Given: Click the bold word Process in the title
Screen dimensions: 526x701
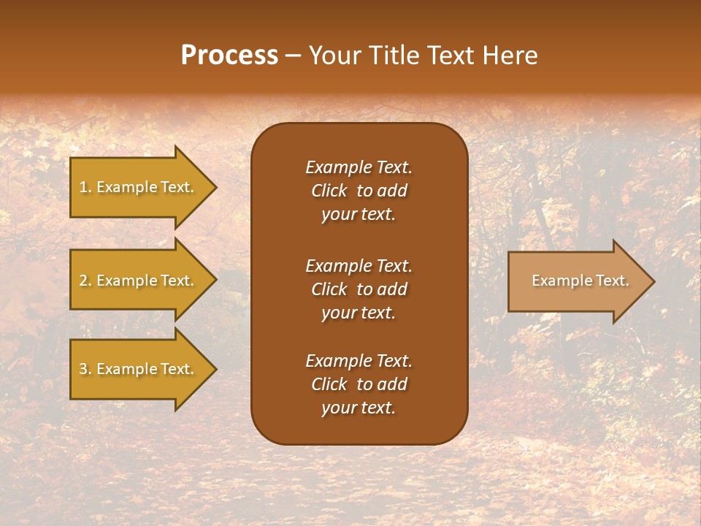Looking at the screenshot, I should pyautogui.click(x=229, y=56).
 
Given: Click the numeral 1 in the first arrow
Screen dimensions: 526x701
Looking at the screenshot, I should pyautogui.click(x=83, y=187).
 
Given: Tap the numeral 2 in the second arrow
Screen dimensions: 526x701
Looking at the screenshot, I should pyautogui.click(x=83, y=281).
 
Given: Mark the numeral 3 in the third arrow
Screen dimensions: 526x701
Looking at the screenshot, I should pyautogui.click(x=83, y=369).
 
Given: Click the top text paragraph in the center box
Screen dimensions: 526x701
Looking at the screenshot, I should pyautogui.click(x=359, y=191).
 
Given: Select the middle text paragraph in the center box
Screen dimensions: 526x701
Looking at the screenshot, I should pyautogui.click(x=359, y=289).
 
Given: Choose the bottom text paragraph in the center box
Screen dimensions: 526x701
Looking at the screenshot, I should pyautogui.click(x=359, y=384).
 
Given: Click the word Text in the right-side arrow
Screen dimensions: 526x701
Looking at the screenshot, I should pyautogui.click(x=612, y=281).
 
